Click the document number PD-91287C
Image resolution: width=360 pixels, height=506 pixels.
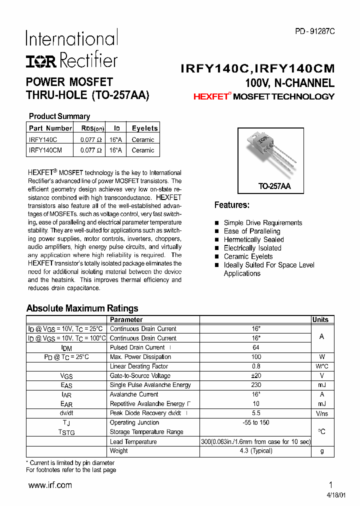pyautogui.click(x=314, y=31)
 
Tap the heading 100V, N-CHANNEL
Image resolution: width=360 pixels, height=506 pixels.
pyautogui.click(x=289, y=83)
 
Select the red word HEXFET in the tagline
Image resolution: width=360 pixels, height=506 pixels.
pyautogui.click(x=210, y=96)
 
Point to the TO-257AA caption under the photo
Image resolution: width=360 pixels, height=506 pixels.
pyautogui.click(x=274, y=186)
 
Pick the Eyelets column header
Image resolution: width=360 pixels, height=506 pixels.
pyautogui.click(x=144, y=128)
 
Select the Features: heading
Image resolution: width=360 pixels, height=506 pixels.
pyautogui.click(x=231, y=205)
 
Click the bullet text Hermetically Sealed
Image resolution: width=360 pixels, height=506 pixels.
pyautogui.click(x=253, y=239)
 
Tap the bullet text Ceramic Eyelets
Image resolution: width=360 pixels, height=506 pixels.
pyautogui.click(x=248, y=256)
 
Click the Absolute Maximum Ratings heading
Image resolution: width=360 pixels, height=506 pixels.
pyautogui.click(x=82, y=308)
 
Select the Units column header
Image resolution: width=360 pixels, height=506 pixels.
pyautogui.click(x=320, y=319)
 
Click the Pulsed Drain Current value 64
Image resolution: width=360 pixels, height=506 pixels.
pyautogui.click(x=256, y=347)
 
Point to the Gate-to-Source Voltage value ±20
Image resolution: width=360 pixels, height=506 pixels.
pyautogui.click(x=256, y=375)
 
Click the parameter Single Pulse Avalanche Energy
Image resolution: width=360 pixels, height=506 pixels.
pyautogui.click(x=150, y=385)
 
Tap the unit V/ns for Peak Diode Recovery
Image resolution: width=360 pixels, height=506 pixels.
pyautogui.click(x=321, y=413)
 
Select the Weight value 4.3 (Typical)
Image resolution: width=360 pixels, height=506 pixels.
pyautogui.click(x=256, y=450)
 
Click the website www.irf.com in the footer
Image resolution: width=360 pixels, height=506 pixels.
pyautogui.click(x=50, y=485)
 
